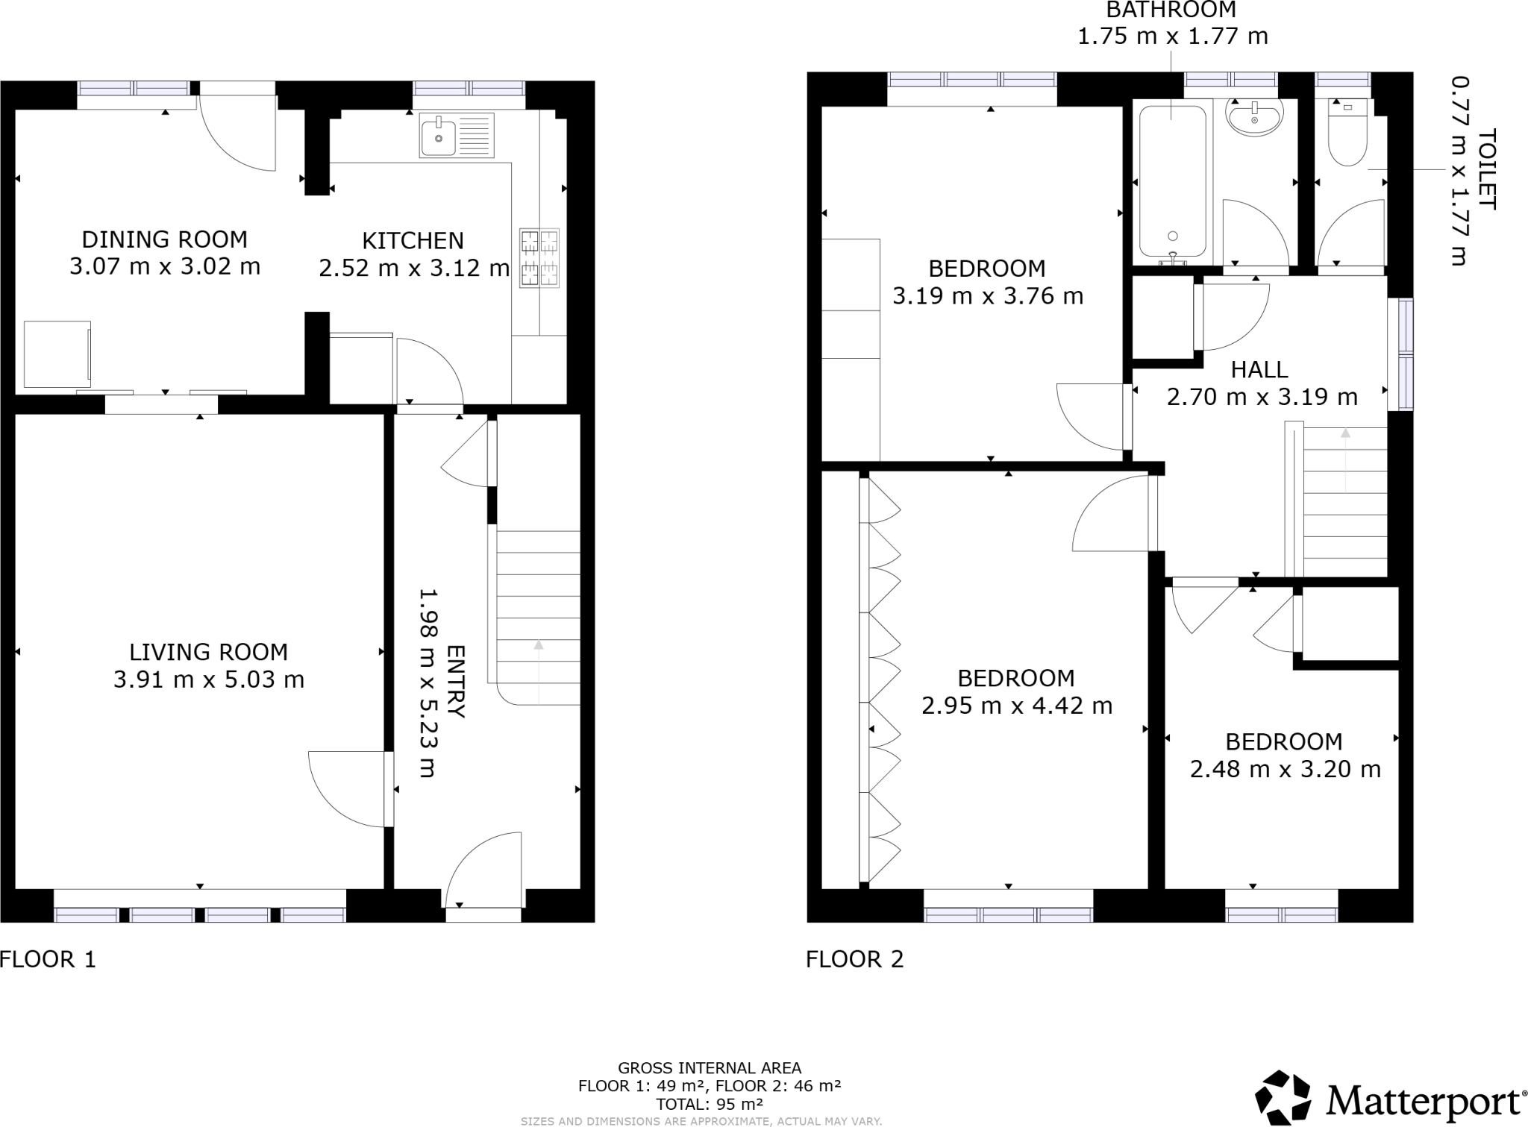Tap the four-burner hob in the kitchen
[539, 257]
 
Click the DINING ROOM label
[164, 239]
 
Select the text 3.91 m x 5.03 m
[209, 679]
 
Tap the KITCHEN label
[413, 241]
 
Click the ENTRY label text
[455, 682]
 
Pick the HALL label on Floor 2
[1259, 369]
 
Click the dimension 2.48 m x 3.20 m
[1285, 768]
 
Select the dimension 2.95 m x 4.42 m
[1016, 705]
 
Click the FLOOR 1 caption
[48, 958]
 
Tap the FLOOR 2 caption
[854, 958]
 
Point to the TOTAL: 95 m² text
[709, 1104]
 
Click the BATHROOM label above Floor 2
[1171, 10]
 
